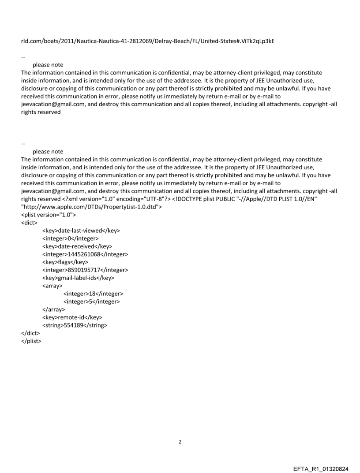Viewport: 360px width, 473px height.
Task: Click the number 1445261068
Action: pos(82,254)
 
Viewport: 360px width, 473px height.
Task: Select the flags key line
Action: pos(65,262)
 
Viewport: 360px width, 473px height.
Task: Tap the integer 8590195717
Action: pos(82,270)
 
